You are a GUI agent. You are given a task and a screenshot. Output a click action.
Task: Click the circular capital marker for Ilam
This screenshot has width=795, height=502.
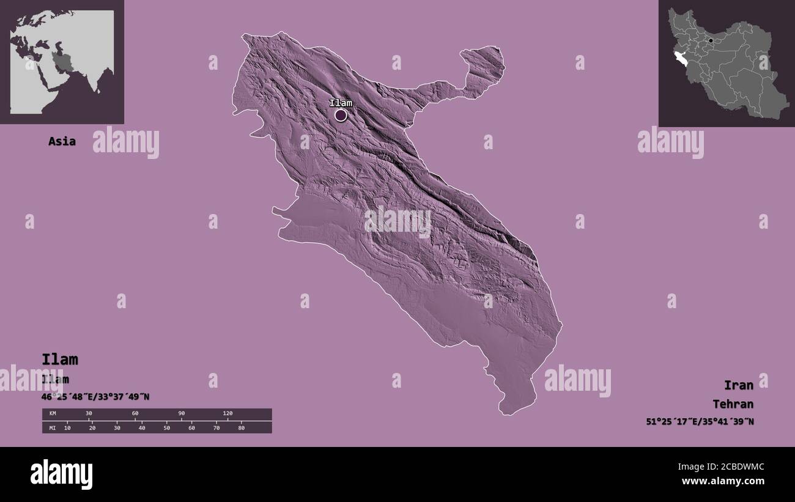click(341, 115)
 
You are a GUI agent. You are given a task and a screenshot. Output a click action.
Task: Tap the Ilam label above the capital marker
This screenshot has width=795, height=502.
click(341, 103)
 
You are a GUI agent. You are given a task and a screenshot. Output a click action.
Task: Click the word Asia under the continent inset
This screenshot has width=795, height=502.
click(62, 141)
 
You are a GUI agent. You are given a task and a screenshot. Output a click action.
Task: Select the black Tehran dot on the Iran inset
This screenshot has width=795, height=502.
click(710, 41)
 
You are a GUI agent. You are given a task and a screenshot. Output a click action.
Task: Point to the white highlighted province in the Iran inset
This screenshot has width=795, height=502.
click(680, 58)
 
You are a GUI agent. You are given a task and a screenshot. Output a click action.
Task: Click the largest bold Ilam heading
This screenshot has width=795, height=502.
click(60, 360)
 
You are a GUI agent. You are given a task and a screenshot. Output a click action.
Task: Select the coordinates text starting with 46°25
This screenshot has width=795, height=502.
click(95, 397)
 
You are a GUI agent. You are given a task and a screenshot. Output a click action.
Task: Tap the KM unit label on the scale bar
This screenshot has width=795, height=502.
click(53, 414)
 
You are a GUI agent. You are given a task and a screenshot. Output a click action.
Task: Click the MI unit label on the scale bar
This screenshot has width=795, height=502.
click(53, 428)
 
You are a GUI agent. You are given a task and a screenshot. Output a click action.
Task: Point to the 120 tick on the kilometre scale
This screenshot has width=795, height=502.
click(227, 414)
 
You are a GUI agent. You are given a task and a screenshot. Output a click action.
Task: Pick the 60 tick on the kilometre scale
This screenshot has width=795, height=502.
click(135, 414)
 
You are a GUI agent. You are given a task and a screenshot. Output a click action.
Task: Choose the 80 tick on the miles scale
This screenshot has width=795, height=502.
click(242, 428)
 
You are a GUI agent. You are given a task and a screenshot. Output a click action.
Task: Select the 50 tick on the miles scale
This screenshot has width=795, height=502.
click(166, 428)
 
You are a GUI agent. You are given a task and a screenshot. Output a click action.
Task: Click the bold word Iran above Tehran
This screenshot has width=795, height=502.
click(739, 385)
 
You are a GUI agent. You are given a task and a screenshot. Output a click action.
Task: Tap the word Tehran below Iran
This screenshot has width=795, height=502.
click(733, 404)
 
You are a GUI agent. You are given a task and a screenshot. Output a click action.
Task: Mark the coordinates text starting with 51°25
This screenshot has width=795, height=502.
click(700, 421)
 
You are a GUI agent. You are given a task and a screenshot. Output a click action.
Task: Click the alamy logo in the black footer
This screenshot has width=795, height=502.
click(61, 474)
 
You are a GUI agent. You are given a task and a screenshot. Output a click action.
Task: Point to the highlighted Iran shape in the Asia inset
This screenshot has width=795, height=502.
click(62, 61)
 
